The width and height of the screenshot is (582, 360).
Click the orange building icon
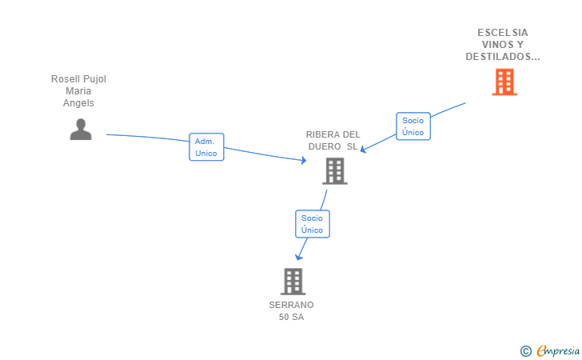504,82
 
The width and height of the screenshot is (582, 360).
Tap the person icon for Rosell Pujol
81,130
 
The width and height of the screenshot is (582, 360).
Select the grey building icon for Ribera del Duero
335,171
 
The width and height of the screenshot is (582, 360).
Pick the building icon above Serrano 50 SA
293,282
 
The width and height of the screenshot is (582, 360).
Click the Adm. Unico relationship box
206,147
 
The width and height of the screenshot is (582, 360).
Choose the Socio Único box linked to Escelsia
413,126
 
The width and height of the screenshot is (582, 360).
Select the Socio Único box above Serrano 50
312,224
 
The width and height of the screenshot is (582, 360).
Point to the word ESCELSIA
503,33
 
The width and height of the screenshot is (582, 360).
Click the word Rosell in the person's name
64,79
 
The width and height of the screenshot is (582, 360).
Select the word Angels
78,103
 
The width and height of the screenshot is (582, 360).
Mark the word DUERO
325,146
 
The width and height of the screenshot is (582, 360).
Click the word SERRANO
291,305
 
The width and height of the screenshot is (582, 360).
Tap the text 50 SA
291,318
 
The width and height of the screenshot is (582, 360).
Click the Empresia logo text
558,351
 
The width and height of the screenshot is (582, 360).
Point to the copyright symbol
525,351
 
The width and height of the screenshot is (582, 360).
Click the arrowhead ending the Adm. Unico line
304,160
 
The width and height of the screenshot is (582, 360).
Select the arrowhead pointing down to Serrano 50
298,257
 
